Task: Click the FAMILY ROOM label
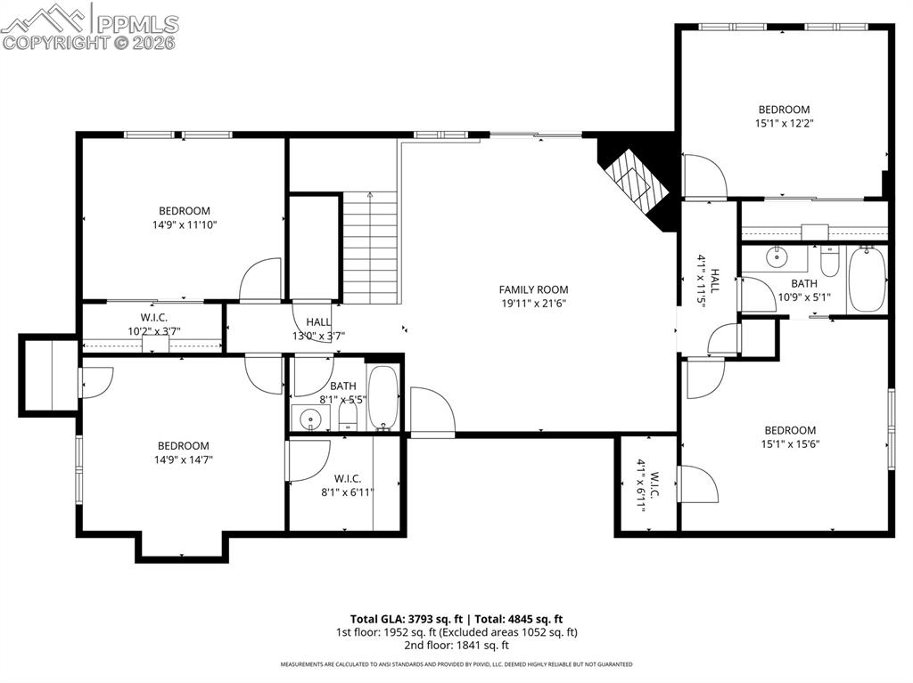[533, 289]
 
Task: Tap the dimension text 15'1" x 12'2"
[783, 125]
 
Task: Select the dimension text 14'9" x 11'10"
[185, 225]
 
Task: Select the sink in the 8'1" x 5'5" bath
[309, 419]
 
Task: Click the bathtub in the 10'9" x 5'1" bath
[866, 279]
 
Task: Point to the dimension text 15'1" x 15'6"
[789, 444]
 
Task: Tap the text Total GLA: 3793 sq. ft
[406, 619]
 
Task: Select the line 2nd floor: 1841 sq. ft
[456, 646]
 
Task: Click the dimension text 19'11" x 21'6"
[533, 304]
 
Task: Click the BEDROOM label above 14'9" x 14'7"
[184, 446]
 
